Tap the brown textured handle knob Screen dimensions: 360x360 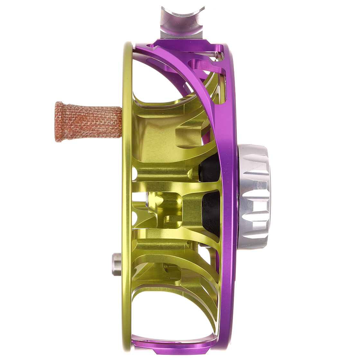(88, 122)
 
